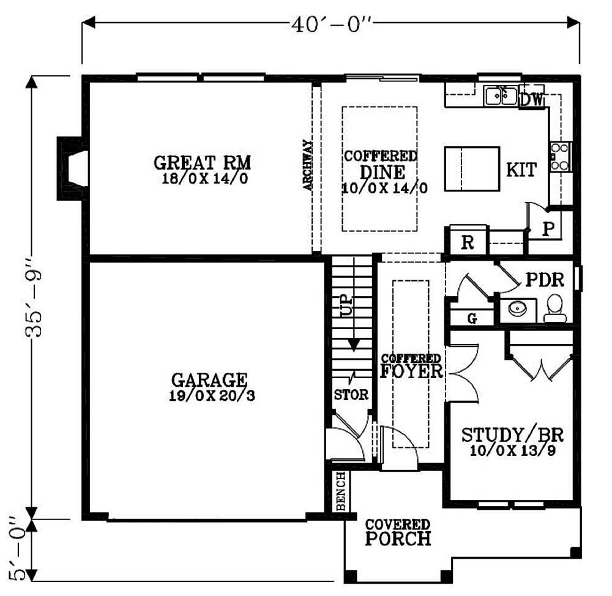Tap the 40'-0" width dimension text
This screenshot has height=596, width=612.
click(x=331, y=24)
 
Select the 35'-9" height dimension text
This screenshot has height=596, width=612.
click(x=34, y=297)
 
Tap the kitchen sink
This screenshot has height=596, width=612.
click(x=501, y=95)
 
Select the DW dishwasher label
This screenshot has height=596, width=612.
click(x=532, y=100)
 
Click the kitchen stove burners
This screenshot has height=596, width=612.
click(x=560, y=157)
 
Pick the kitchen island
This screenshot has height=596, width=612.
click(x=472, y=169)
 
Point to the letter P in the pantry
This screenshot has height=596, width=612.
click(x=548, y=229)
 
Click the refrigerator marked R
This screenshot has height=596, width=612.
click(x=468, y=241)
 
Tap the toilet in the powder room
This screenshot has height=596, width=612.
click(x=554, y=308)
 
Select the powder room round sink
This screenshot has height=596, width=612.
click(x=518, y=309)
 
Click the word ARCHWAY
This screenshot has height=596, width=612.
click(x=308, y=165)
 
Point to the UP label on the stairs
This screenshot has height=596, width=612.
click(x=346, y=305)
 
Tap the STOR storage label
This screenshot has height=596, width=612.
click(x=351, y=395)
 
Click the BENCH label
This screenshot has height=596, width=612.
click(x=341, y=491)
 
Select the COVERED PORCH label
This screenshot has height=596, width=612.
click(x=398, y=532)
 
